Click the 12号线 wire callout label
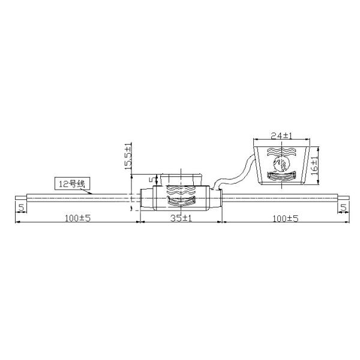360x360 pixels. coord(71,183)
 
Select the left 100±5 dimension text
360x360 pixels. coord(76,218)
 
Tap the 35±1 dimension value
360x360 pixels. coord(180,218)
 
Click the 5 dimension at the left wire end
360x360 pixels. coord(21,208)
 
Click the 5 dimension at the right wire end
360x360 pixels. coord(343,208)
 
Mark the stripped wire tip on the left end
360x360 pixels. coord(20,197)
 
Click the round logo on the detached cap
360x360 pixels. coord(281,163)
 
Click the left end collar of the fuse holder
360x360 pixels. coord(146,199)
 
